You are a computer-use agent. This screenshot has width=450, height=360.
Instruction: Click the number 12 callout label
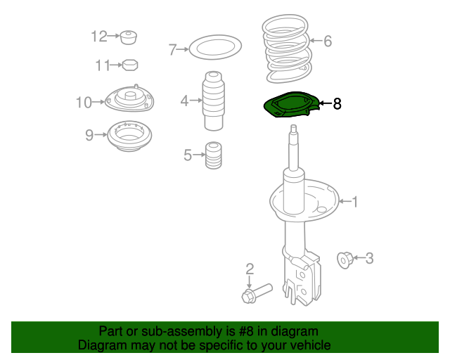[98, 36]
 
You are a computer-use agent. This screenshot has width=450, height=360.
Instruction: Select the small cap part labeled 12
[128, 37]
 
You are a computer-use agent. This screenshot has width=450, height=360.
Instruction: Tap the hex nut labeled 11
[129, 65]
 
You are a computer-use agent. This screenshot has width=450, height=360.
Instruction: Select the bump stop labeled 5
[213, 156]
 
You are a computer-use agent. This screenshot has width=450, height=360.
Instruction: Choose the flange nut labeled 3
[345, 259]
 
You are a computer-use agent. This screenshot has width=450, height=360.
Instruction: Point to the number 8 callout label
[337, 104]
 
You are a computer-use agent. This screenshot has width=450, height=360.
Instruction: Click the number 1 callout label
[354, 202]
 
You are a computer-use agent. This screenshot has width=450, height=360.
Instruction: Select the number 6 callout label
[327, 41]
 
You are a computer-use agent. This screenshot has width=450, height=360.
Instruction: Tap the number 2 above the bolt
[249, 268]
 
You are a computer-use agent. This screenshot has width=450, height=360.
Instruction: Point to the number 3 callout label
[368, 259]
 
